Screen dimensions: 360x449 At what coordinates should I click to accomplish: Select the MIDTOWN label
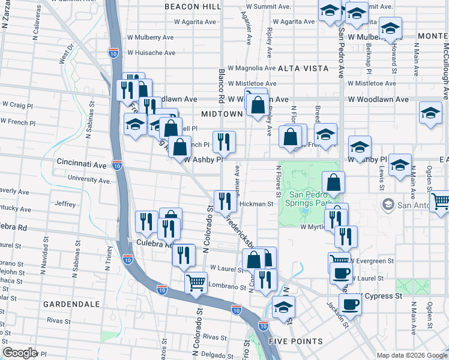pyautogui.click(x=221, y=113)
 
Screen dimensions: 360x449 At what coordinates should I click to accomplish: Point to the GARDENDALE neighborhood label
pyautogui.click(x=71, y=304)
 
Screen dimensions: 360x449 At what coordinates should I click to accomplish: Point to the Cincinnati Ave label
pyautogui.click(x=82, y=163)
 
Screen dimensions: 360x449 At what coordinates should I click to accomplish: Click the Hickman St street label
pyautogui.click(x=256, y=204)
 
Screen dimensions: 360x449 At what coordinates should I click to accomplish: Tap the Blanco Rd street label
pyautogui.click(x=221, y=83)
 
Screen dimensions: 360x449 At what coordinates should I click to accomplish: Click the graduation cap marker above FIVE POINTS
pyautogui.click(x=283, y=307)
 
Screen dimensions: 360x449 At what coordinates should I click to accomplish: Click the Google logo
pyautogui.click(x=20, y=353)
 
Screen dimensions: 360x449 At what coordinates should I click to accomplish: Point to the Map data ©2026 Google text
pyautogui.click(x=411, y=355)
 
